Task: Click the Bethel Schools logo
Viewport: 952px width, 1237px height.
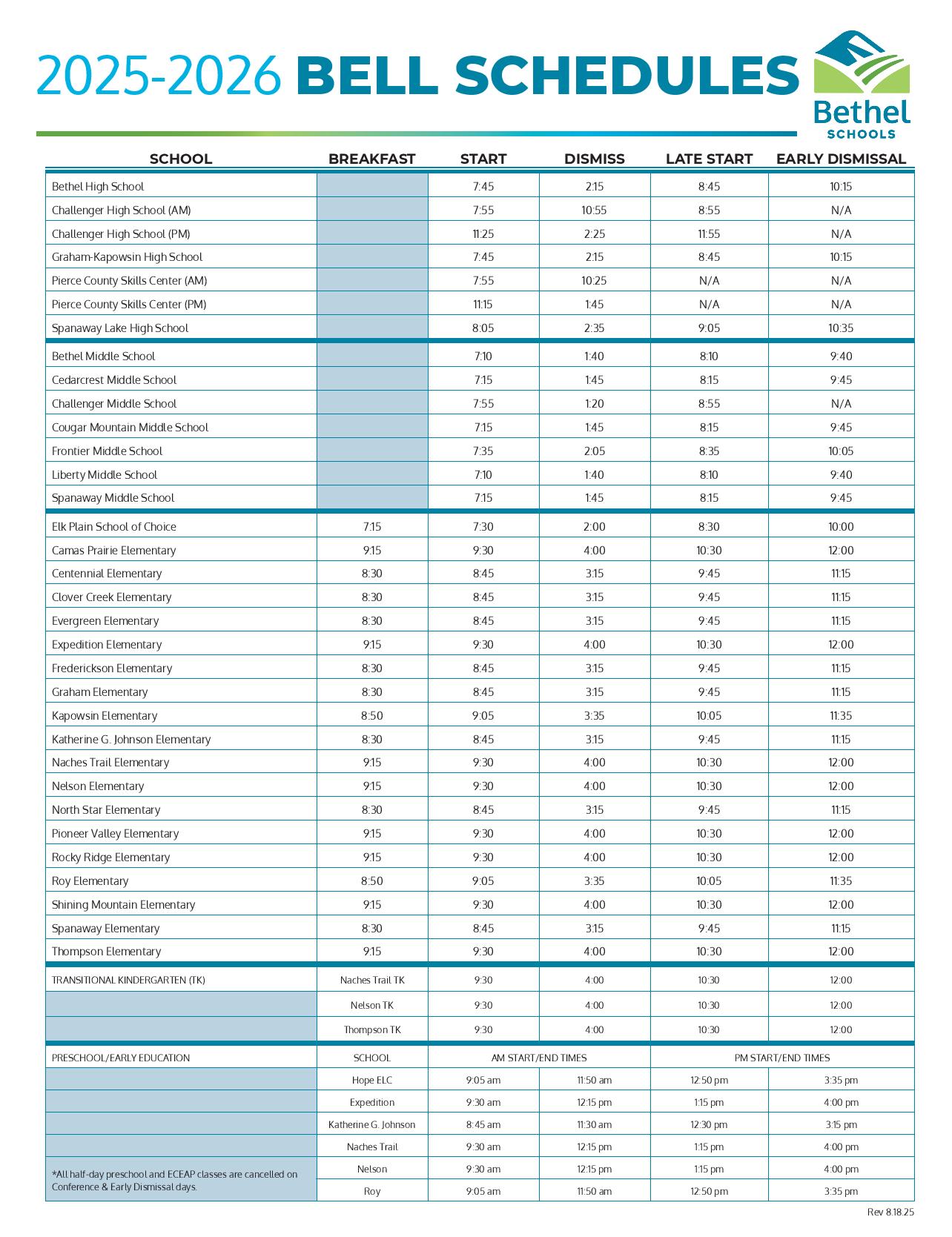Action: [862, 84]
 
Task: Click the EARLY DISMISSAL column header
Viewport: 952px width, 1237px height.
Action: [841, 159]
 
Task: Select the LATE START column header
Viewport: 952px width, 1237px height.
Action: [709, 159]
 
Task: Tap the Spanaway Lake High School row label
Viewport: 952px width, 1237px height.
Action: [120, 328]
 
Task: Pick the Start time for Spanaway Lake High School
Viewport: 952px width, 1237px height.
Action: [483, 328]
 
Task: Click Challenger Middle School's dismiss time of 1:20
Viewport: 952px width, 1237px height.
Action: [594, 403]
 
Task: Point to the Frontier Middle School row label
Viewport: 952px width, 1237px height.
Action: [107, 451]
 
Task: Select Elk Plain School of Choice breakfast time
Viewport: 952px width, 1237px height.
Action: [372, 526]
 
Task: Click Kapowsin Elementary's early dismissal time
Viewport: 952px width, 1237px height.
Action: [841, 715]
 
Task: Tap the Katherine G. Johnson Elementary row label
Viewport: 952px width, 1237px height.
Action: [131, 739]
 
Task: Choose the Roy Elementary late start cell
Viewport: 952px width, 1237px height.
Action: [709, 881]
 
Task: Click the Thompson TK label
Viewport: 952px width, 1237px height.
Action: [372, 1029]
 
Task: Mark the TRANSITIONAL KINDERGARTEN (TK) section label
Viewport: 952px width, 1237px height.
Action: [128, 980]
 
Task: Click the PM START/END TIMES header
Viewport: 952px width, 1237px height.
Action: [782, 1058]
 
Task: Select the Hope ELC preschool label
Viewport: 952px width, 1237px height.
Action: [372, 1080]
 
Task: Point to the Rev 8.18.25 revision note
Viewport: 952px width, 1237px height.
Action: [890, 1212]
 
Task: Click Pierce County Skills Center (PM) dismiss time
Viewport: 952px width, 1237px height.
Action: [594, 304]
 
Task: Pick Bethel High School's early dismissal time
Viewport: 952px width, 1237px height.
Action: [841, 187]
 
